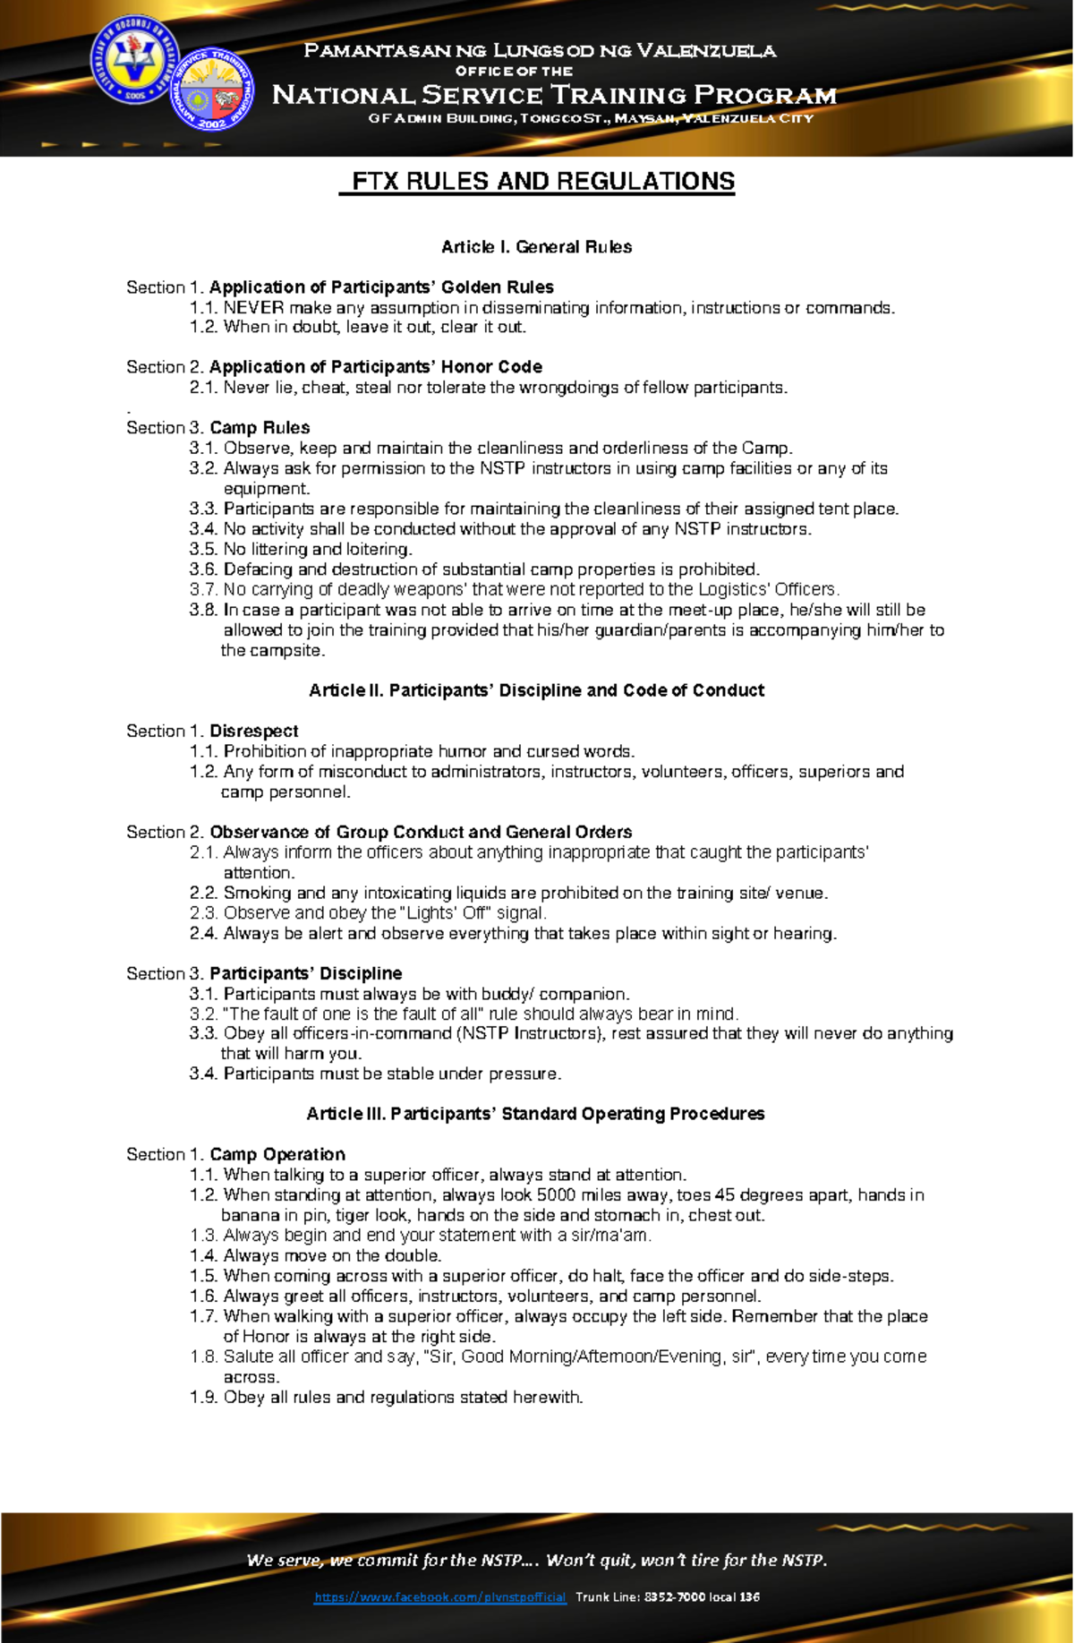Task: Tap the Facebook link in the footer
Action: tap(439, 1597)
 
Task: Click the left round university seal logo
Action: tap(134, 61)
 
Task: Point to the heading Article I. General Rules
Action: tap(536, 247)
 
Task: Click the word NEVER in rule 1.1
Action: tap(253, 308)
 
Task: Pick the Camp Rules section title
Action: tap(260, 428)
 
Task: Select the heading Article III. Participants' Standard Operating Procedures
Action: tap(535, 1114)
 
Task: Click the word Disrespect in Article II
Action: tap(254, 732)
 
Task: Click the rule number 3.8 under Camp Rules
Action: tap(203, 610)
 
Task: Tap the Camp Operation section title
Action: tap(277, 1155)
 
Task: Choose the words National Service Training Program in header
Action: tap(554, 95)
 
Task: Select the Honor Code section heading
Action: tap(376, 367)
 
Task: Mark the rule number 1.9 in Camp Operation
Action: tap(203, 1398)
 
